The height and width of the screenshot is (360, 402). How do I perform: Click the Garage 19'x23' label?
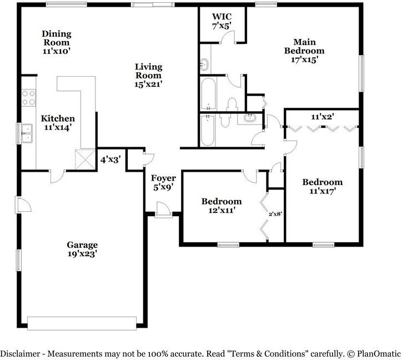(x=82, y=249)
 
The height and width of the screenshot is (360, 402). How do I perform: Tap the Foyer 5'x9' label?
(x=163, y=182)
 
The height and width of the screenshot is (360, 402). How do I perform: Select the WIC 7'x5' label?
(x=222, y=21)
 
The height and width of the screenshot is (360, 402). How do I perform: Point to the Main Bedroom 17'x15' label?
(x=304, y=51)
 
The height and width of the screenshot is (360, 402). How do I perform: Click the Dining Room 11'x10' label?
(x=57, y=42)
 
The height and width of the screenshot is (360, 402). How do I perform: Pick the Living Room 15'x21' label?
(x=148, y=76)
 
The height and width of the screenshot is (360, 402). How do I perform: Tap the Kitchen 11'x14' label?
(x=58, y=123)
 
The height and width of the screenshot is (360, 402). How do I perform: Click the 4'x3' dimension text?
(x=110, y=160)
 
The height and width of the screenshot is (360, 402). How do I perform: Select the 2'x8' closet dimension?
(x=275, y=214)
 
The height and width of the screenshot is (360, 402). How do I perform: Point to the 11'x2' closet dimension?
(x=322, y=117)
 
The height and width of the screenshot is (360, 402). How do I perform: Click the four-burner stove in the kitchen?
(x=28, y=98)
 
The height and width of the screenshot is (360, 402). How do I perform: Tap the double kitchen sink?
(x=27, y=133)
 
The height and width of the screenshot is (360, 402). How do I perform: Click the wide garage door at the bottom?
(x=82, y=323)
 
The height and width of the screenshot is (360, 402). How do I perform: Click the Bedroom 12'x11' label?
(x=222, y=206)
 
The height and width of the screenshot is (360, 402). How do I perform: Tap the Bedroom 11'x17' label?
(x=323, y=187)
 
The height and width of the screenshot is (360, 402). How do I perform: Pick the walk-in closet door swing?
(x=228, y=37)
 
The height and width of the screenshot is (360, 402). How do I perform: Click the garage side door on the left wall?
(x=23, y=204)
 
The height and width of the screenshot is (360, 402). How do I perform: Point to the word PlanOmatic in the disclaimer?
(x=379, y=354)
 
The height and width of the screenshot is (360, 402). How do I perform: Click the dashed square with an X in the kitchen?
(x=85, y=159)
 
